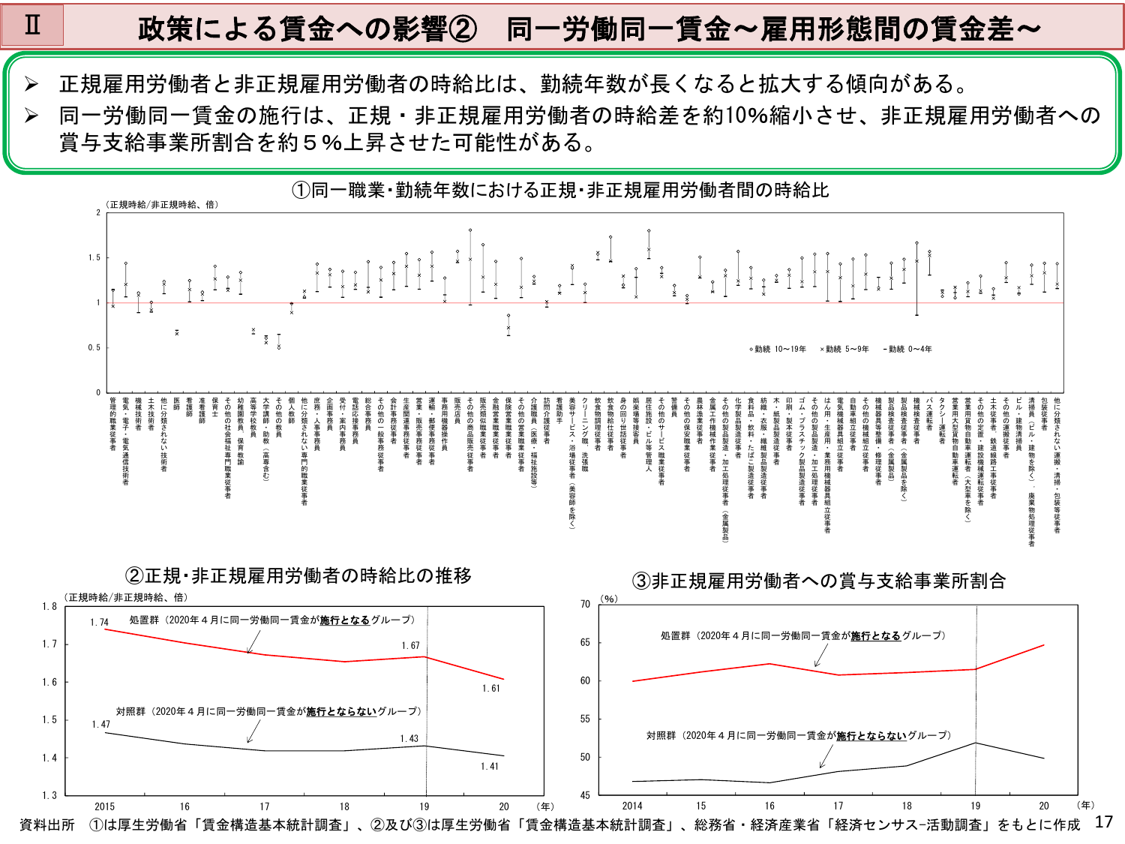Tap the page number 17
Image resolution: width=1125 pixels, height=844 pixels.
(x=1103, y=821)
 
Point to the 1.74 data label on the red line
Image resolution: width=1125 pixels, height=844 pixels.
(x=100, y=622)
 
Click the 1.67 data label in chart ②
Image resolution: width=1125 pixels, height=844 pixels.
(x=410, y=645)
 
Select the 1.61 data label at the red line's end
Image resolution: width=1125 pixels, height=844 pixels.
(x=490, y=688)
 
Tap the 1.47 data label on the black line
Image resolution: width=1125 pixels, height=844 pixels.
(x=101, y=724)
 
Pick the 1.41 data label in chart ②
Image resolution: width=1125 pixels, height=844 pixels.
(x=489, y=766)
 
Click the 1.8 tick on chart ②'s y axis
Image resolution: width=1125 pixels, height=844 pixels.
(x=49, y=606)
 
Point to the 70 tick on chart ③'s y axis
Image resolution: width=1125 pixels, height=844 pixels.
(x=585, y=604)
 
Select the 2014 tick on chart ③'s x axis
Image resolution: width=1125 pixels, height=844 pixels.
(x=632, y=806)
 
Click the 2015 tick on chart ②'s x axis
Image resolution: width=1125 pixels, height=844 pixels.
(x=105, y=806)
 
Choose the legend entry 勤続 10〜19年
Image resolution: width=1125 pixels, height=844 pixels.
(x=778, y=349)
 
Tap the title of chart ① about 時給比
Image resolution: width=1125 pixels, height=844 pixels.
(x=560, y=191)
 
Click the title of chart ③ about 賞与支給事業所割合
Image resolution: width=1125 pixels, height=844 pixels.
(x=818, y=581)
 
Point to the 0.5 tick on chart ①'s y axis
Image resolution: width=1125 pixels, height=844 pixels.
(x=94, y=347)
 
